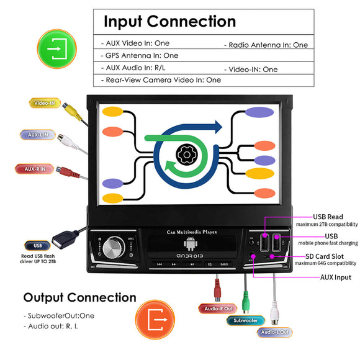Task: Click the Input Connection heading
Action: (169, 21)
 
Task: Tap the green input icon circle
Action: (58, 46)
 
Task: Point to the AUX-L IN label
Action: (38, 135)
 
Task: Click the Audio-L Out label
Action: (275, 332)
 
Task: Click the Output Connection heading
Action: (79, 298)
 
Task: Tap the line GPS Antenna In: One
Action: (140, 55)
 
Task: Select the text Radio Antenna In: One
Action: (268, 45)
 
